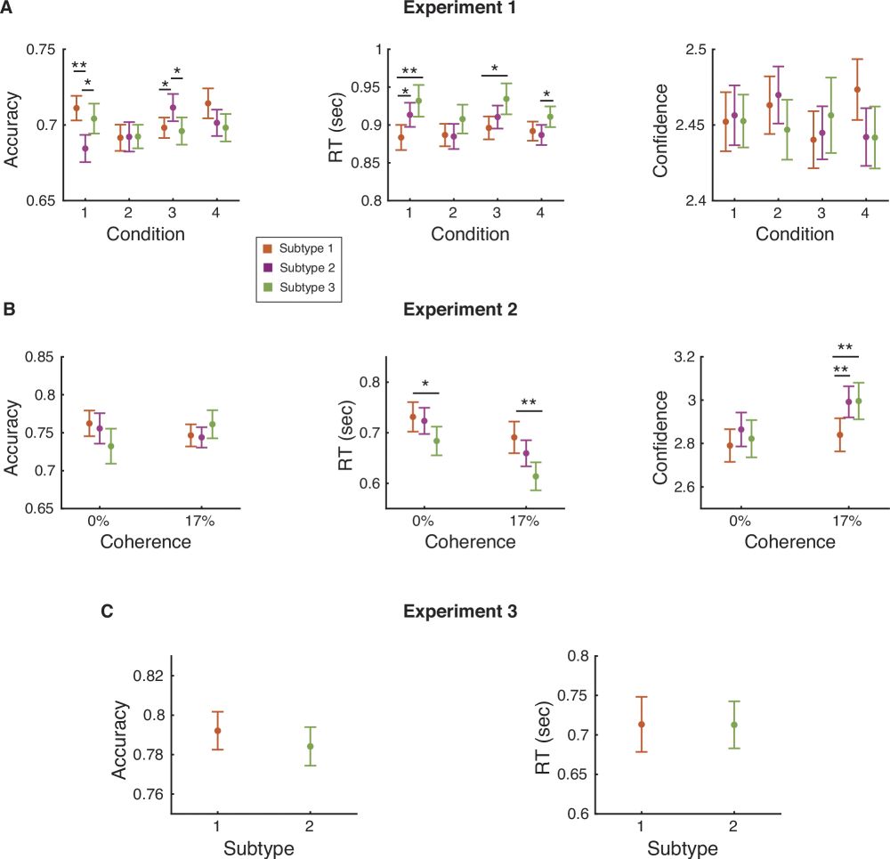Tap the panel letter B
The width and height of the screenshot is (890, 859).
pos(8,310)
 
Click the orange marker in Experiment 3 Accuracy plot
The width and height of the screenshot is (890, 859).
pos(217,731)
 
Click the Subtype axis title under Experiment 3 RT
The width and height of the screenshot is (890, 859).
pos(684,847)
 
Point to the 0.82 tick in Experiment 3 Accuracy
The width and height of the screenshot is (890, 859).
pos(148,676)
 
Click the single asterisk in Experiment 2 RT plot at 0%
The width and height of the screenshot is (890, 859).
pos(425,385)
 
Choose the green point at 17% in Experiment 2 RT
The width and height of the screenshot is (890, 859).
pos(537,476)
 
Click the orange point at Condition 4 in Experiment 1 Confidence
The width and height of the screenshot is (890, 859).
pos(856,89)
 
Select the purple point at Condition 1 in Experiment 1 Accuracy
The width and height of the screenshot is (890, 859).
pos(85,149)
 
